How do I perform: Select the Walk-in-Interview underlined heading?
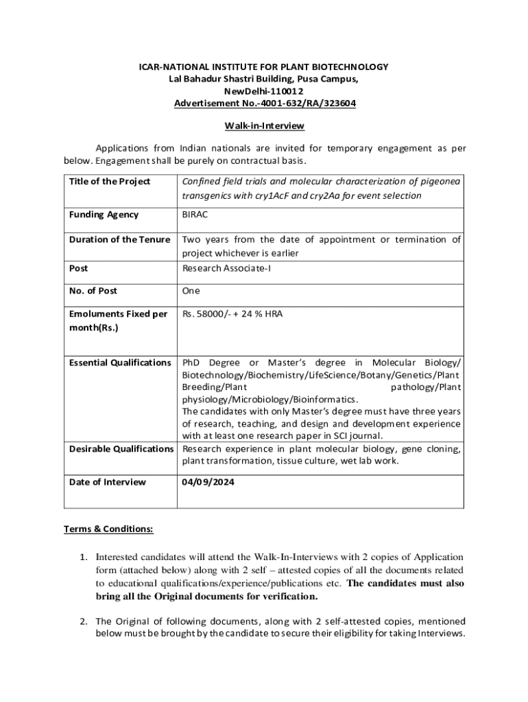264,126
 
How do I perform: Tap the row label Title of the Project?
110,182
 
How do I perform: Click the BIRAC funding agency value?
195,215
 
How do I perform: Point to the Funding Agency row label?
104,215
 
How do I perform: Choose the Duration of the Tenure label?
119,239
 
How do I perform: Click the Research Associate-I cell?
226,268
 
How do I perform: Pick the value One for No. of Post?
191,291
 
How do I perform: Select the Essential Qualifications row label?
120,362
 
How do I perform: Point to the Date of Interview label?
108,482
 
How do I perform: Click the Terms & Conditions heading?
108,529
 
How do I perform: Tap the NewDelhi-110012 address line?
264,91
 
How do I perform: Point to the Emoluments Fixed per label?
118,314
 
